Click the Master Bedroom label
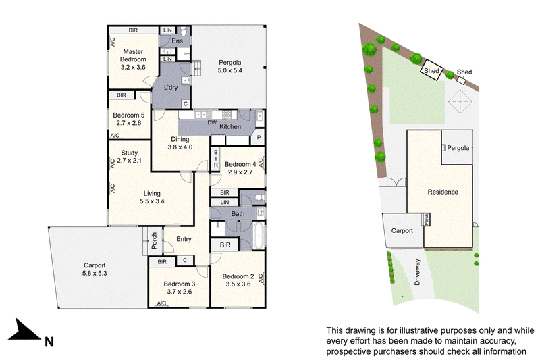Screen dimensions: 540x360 tap(133, 55)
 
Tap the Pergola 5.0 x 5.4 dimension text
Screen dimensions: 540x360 tap(230, 70)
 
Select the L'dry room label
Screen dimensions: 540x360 tap(171, 88)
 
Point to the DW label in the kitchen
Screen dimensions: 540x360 tap(212, 122)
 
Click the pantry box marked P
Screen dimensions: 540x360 tap(259, 138)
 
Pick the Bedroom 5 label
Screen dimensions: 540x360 tap(128, 115)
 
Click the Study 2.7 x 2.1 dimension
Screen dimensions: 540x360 tap(129, 161)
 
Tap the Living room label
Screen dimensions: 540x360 tap(152, 193)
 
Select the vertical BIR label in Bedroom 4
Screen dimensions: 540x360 tap(215, 159)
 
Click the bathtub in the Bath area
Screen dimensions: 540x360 tap(259, 235)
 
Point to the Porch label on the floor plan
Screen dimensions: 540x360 tap(154, 240)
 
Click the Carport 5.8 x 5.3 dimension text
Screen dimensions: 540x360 tap(94, 274)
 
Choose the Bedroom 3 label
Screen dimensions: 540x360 tap(180, 284)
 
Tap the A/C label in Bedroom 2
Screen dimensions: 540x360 tap(261, 278)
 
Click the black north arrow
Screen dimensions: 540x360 tap(24, 331)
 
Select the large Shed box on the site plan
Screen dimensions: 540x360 tap(431, 70)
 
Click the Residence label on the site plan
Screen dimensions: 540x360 tap(443, 192)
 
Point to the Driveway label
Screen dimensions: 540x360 tap(417, 272)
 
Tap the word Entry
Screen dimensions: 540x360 tap(184, 239)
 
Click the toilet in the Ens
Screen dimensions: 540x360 tap(184, 32)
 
